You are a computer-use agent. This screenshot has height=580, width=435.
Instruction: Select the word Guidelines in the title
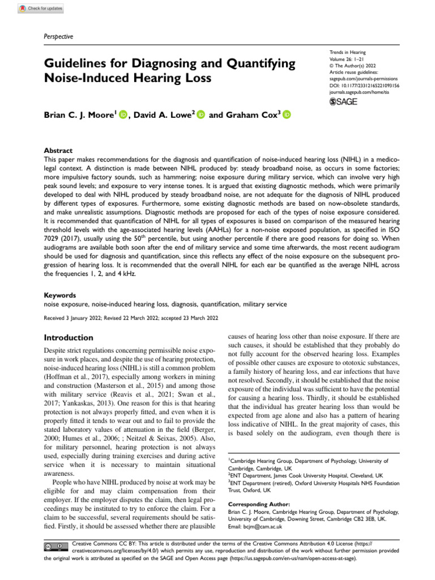(x=77, y=63)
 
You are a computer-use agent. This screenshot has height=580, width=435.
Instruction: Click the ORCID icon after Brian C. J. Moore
(x=123, y=115)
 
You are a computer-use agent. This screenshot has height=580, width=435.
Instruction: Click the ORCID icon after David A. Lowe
(x=201, y=115)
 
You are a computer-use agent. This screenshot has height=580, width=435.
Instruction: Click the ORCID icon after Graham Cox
(x=286, y=115)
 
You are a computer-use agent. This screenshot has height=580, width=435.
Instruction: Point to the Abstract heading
(x=58, y=151)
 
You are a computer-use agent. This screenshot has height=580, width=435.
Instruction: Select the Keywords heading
(x=60, y=295)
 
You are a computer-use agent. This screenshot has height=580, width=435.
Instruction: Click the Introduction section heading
(x=69, y=337)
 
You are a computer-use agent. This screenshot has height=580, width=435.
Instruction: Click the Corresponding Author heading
(x=259, y=504)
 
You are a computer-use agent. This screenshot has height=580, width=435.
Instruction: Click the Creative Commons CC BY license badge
(x=56, y=546)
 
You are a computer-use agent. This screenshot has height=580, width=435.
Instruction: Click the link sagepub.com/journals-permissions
(x=363, y=80)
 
